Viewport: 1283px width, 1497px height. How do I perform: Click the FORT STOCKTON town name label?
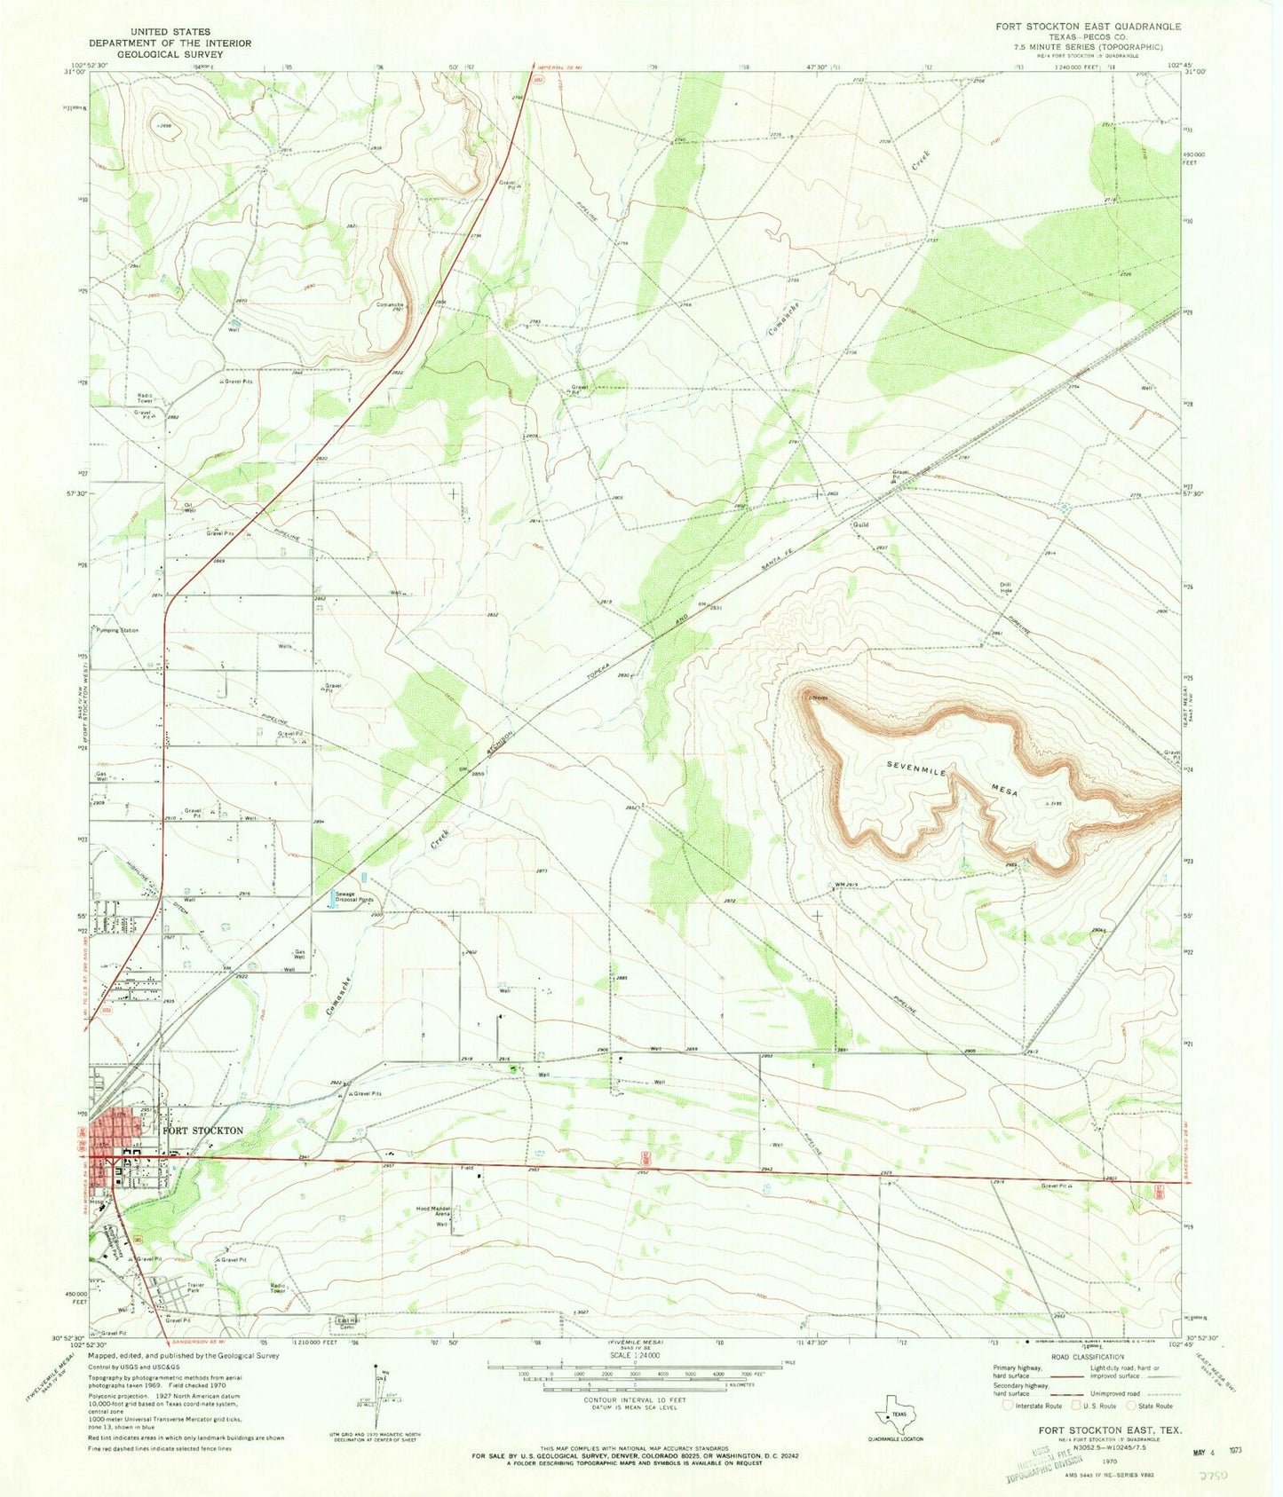point(202,1131)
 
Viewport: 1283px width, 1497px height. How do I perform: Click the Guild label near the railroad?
point(859,524)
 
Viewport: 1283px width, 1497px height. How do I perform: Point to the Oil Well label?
point(189,508)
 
